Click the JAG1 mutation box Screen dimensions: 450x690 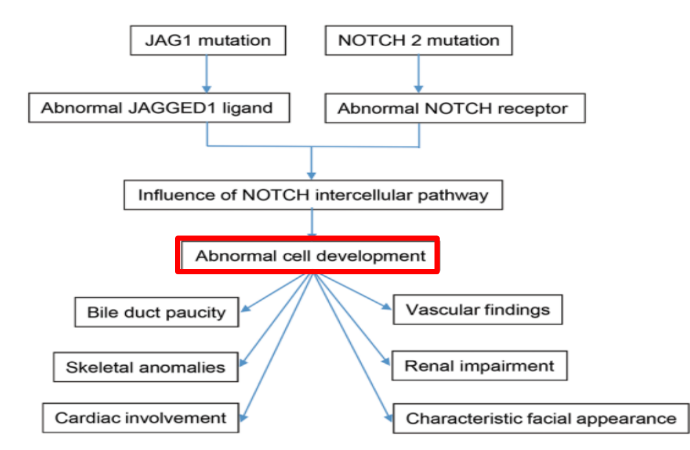(207, 40)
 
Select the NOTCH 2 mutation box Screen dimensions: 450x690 (418, 40)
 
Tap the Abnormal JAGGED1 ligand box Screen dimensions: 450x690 (158, 108)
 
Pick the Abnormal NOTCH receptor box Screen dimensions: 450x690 (455, 108)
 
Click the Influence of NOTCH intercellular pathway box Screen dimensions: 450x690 (313, 195)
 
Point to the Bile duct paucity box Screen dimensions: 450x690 (156, 312)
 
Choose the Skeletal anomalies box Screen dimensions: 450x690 (145, 367)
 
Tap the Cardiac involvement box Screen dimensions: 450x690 (141, 418)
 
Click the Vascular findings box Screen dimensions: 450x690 (477, 309)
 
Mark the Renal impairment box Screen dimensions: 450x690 (479, 366)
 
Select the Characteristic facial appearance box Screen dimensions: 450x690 (540, 418)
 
